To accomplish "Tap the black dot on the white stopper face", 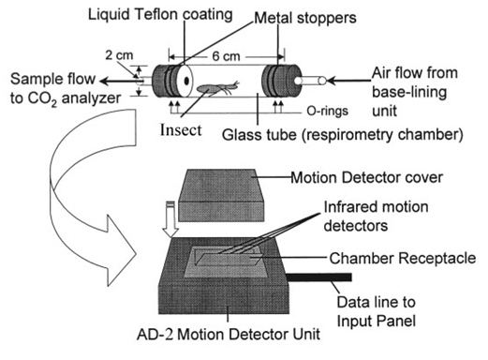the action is point(186,81).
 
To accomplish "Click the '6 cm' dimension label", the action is point(226,56).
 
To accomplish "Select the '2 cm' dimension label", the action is point(119,55).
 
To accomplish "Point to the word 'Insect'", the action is point(181,130).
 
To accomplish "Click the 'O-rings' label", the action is point(327,111).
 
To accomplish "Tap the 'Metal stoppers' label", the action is point(305,18).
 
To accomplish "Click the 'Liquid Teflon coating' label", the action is point(160,15).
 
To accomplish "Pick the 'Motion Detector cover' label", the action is point(366,177).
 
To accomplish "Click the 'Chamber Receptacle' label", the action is point(403,259).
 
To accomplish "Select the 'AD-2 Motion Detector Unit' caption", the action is point(229,334).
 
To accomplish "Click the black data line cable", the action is point(318,277).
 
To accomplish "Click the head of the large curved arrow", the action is point(122,250).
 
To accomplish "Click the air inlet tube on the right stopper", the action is point(310,81).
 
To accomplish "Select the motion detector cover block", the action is point(221,196).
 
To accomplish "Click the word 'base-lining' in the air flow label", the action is point(409,93).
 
